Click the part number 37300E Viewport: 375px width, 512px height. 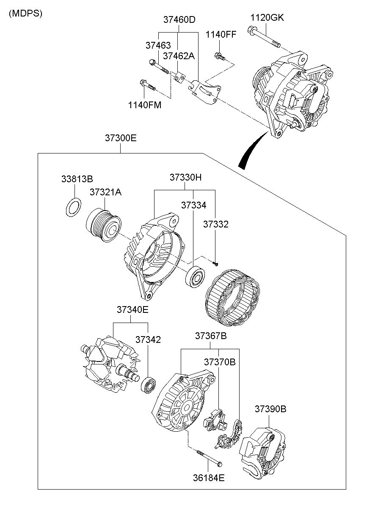tap(121, 138)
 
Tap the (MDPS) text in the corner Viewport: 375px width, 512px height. tap(25, 14)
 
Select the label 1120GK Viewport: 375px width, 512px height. tap(267, 18)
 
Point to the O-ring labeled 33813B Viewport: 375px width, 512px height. tap(74, 207)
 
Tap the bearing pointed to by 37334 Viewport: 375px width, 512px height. tap(195, 277)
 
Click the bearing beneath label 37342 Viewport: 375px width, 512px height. tap(148, 385)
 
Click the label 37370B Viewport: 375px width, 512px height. tap(220, 362)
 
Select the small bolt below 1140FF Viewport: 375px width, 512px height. tap(220, 56)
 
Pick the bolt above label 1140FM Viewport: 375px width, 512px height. tap(148, 85)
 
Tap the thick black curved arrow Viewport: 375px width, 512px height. tap(251, 151)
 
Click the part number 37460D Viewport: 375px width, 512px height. tap(179, 20)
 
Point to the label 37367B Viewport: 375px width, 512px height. tap(211, 336)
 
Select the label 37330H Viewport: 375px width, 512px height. tap(185, 178)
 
